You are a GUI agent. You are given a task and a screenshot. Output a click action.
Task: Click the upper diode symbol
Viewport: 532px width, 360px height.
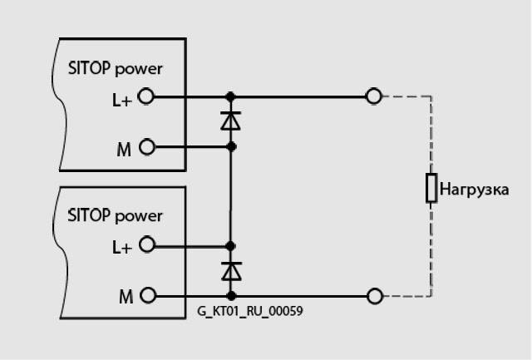click(231, 121)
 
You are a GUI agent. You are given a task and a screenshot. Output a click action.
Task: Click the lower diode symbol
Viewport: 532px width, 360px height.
click(231, 270)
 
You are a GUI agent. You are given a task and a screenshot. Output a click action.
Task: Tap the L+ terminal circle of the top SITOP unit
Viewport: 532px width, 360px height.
click(147, 96)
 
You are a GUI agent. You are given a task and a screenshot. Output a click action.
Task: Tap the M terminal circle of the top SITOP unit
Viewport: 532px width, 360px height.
click(147, 147)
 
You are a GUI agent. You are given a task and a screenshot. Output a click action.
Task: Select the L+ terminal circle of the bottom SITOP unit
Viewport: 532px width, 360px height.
click(147, 245)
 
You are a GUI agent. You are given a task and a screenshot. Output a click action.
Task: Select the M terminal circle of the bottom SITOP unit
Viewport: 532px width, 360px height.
click(147, 295)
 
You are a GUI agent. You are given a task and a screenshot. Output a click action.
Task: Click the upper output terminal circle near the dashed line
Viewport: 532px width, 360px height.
click(374, 96)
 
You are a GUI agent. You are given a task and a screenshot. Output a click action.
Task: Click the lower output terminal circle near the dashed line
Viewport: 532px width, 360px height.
click(374, 295)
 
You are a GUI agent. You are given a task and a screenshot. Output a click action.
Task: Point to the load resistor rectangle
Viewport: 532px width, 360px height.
click(431, 189)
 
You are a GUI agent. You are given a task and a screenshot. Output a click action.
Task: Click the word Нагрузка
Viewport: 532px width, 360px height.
click(474, 190)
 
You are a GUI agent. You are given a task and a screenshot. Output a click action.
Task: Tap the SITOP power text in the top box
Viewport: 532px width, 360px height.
click(116, 68)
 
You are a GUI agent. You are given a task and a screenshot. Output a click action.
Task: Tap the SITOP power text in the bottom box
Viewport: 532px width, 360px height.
click(116, 216)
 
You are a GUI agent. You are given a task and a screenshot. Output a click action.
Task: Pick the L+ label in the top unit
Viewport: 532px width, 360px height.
click(121, 97)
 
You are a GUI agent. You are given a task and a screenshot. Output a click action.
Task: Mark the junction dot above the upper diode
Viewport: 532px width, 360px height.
click(231, 96)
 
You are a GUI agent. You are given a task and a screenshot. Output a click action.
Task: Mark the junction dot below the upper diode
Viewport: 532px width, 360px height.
click(231, 147)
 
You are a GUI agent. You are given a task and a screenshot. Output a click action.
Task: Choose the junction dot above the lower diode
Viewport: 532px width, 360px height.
click(231, 245)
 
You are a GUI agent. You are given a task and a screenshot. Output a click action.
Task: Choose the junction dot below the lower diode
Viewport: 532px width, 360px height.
click(231, 295)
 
